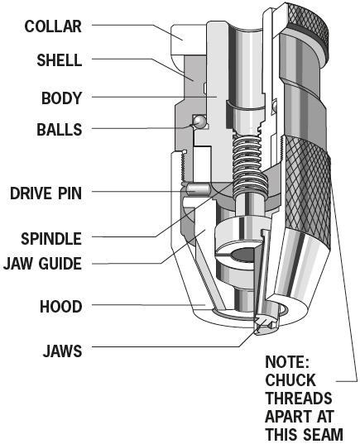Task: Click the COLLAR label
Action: click(x=53, y=26)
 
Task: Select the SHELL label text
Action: click(x=60, y=60)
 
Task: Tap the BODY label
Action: click(x=61, y=98)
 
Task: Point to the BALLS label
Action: click(x=60, y=130)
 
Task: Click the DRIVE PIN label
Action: click(x=46, y=193)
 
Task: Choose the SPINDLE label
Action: click(x=51, y=238)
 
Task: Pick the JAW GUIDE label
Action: click(x=42, y=264)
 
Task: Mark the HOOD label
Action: click(x=61, y=307)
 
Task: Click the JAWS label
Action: click(x=62, y=351)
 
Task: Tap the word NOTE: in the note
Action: click(x=287, y=362)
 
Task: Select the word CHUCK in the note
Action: click(x=290, y=380)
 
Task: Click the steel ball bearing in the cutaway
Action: click(x=199, y=122)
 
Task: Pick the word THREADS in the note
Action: click(x=299, y=399)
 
